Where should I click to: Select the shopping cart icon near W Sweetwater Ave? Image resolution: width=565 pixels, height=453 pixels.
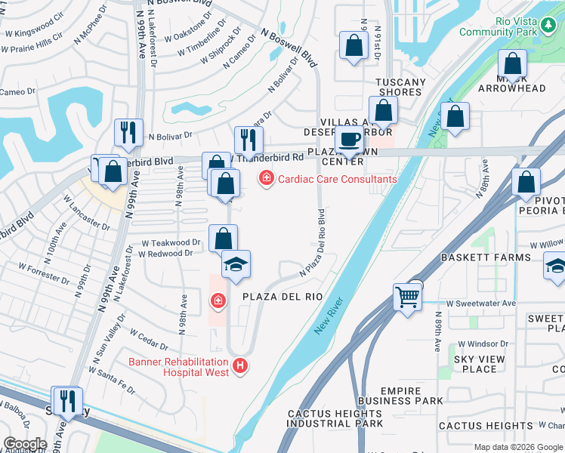coord(407,298)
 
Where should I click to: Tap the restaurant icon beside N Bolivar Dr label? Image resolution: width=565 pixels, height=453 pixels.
coord(128,133)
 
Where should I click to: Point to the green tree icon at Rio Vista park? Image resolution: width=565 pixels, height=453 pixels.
coord(549,27)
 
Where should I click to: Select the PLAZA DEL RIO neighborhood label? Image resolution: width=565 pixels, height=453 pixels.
coord(282,297)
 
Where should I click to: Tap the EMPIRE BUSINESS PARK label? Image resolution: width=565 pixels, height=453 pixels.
coord(401,396)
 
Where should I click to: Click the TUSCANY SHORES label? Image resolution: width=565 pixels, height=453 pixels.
coord(400,87)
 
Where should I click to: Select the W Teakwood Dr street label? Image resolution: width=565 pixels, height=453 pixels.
coord(171,243)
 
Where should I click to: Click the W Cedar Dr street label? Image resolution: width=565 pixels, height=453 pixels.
coord(148,339)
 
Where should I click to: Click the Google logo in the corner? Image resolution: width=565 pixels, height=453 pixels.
coord(25,444)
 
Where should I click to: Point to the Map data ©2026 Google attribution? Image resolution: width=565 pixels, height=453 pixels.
coord(518,447)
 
